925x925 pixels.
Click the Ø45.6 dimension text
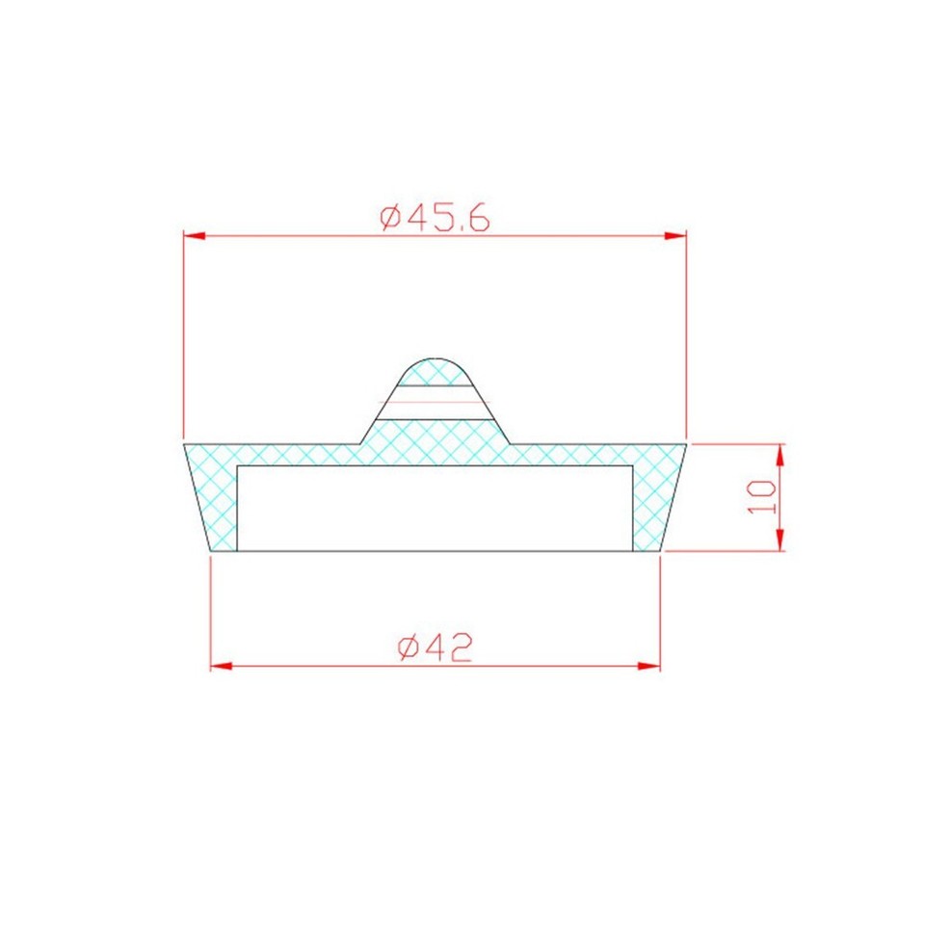tap(435, 218)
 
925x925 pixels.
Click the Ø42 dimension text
tap(435, 648)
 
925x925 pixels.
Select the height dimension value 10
tap(762, 497)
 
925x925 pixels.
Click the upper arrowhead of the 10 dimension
tap(780, 454)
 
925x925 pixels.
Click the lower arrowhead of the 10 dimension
tap(780, 542)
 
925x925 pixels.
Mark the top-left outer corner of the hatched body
tap(184, 444)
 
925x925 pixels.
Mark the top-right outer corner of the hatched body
tap(686, 444)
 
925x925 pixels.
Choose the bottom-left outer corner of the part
tap(211, 551)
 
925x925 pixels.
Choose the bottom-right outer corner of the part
tap(660, 551)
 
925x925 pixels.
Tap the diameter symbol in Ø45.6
tap(390, 219)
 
